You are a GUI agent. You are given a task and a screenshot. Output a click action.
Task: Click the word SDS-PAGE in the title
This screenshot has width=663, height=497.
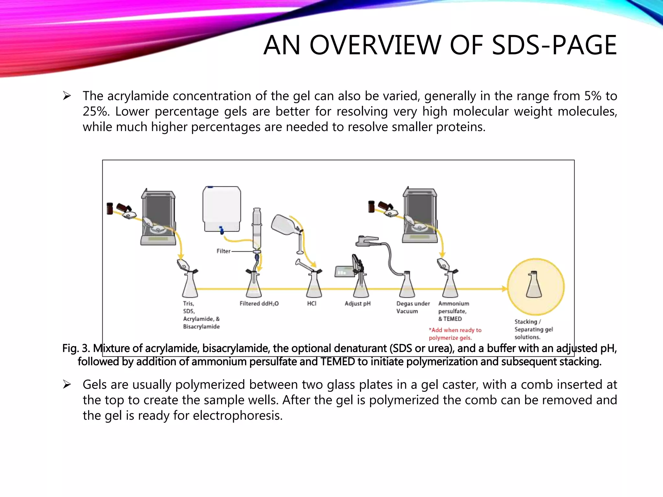click(554, 45)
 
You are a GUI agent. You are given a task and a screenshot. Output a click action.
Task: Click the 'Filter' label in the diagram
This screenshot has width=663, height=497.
click(223, 251)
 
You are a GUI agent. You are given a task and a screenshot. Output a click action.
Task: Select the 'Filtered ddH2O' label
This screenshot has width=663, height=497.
click(259, 304)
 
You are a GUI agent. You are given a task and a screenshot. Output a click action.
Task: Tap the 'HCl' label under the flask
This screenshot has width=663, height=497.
click(312, 304)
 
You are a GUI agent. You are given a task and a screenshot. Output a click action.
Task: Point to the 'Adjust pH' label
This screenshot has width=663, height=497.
click(357, 304)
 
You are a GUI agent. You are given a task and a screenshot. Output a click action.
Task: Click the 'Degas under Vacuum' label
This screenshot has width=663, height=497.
click(413, 307)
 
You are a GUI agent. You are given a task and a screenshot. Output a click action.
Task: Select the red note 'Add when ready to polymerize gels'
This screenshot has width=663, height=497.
click(455, 334)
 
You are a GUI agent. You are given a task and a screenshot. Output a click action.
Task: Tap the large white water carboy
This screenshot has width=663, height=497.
click(222, 207)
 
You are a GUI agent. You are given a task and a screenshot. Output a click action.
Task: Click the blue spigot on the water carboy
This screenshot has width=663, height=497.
click(221, 230)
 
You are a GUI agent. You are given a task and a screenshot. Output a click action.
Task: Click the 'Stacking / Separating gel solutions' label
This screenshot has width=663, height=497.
click(533, 329)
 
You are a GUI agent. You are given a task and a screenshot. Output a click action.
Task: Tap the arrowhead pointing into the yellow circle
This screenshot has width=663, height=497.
click(504, 289)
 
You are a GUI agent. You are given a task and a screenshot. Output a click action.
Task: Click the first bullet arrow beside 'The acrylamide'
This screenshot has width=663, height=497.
click(67, 96)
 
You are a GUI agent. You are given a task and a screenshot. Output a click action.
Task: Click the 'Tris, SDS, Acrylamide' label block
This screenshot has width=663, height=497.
click(201, 315)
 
